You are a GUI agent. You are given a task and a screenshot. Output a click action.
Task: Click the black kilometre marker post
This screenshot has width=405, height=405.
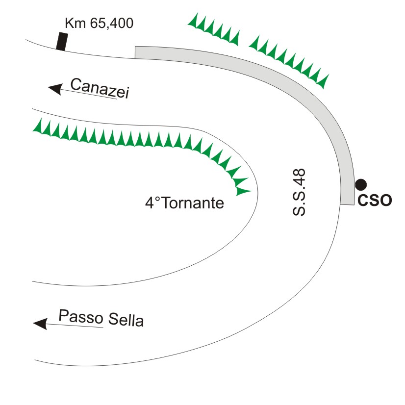tap(61, 41)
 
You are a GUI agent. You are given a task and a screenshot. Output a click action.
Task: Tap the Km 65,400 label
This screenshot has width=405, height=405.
tap(99, 23)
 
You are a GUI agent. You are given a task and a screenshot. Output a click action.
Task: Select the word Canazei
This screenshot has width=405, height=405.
tap(99, 88)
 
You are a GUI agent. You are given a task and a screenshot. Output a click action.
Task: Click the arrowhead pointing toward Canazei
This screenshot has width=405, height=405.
tap(54, 89)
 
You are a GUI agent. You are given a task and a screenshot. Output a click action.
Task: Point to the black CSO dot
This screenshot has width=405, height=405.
tap(361, 184)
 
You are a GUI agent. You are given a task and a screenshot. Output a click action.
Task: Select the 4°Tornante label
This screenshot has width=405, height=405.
tap(184, 203)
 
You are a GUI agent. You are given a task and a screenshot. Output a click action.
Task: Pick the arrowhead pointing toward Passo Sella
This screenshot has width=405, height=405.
tap(40, 324)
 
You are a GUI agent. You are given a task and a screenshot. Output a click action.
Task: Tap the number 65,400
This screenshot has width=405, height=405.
tap(111, 23)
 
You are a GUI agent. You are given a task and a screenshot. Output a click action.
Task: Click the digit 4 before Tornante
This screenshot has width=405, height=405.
tap(149, 203)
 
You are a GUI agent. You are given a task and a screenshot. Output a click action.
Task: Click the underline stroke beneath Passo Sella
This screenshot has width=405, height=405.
tap(74, 325)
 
